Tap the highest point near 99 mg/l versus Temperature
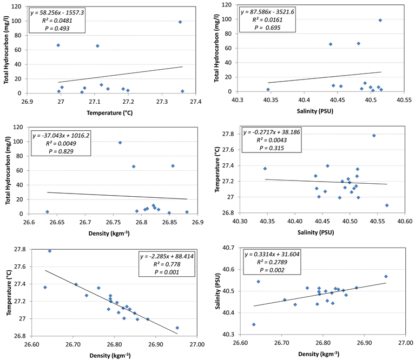point(180,22)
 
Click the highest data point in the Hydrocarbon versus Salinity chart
point(380,20)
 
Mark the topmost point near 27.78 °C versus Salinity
point(374,136)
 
